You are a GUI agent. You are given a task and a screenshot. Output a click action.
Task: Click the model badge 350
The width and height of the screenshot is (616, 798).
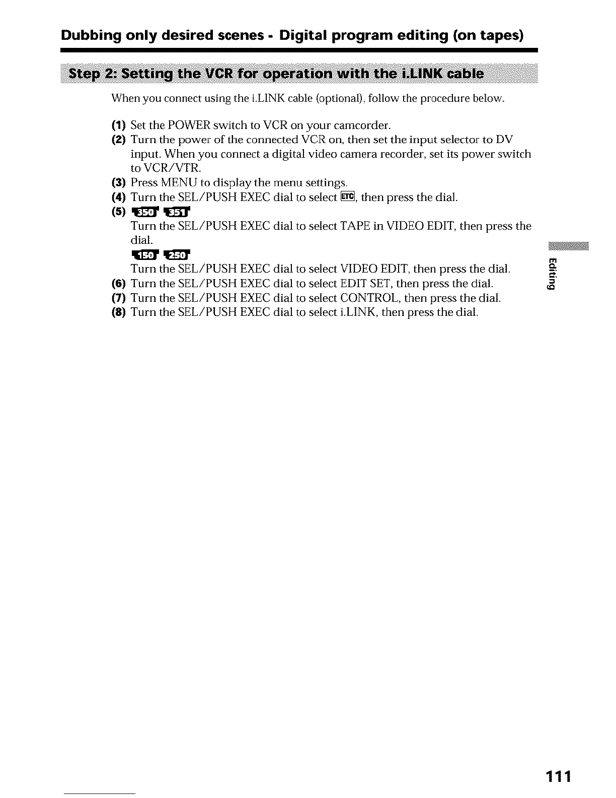(x=144, y=212)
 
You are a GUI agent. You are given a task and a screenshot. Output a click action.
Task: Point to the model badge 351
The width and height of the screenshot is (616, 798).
(x=177, y=212)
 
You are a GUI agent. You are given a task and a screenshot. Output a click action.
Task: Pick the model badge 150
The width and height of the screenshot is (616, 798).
(x=144, y=254)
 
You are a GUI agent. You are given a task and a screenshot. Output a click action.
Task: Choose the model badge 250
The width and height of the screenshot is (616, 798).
(x=177, y=254)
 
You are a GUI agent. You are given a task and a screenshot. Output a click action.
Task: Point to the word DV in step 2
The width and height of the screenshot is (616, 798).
(x=504, y=140)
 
